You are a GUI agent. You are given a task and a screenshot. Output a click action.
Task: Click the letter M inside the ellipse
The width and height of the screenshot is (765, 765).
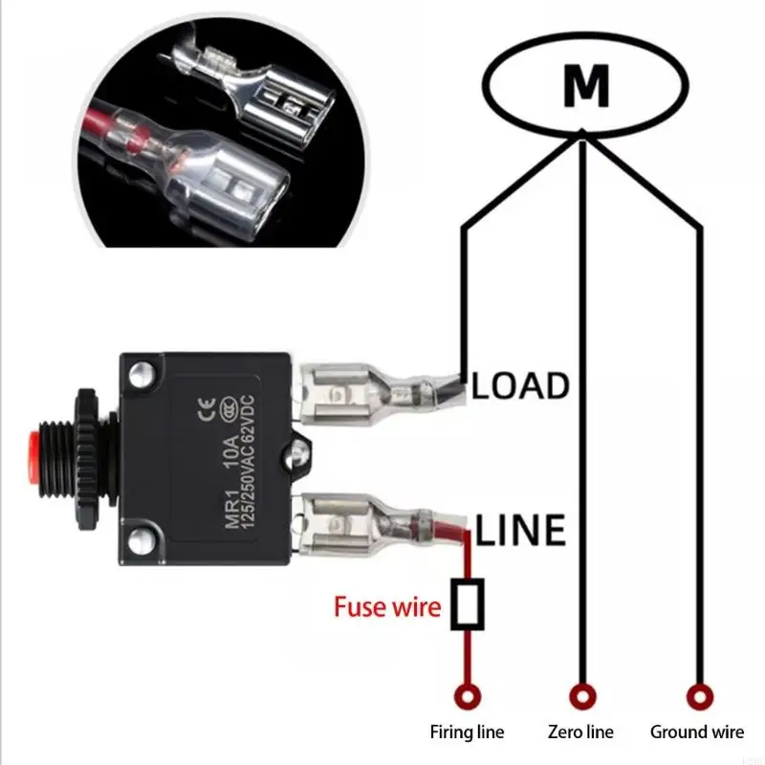586,87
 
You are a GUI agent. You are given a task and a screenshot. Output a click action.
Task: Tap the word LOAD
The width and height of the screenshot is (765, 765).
521,386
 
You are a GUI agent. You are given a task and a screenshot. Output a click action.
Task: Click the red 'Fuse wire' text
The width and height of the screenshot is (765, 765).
387,606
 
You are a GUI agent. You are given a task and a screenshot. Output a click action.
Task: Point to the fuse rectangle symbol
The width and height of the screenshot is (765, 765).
469,605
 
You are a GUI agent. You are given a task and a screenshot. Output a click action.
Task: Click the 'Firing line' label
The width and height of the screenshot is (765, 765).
467,733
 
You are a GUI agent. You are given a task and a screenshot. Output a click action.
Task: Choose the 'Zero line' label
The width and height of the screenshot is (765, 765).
579,733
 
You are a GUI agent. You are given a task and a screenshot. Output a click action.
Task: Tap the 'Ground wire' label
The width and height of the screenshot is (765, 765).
696,733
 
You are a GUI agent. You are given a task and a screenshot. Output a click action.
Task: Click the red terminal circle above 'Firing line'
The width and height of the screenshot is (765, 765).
468,695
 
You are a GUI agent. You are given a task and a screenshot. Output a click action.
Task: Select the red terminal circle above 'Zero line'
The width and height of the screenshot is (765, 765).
578,695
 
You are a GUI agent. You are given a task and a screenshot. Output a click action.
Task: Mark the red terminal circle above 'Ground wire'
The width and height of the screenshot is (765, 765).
699,695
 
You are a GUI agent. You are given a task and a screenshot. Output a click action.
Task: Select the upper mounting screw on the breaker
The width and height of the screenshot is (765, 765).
141,371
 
